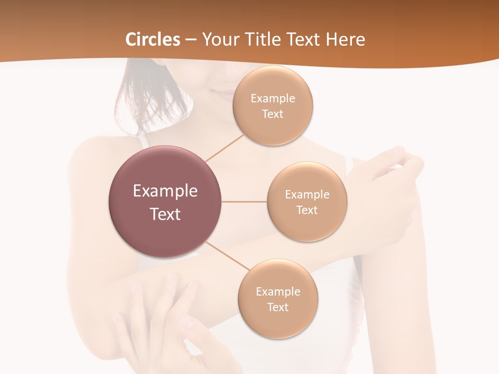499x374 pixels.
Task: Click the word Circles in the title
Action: tap(152, 39)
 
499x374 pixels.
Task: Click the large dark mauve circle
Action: tap(165, 229)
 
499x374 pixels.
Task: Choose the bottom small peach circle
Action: tap(278, 322)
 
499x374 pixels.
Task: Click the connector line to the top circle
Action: tap(225, 148)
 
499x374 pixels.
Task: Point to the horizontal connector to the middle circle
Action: tap(244, 202)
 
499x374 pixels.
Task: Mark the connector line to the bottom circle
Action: tap(224, 255)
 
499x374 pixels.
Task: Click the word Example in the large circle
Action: tap(165, 191)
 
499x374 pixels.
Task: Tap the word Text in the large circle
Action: tap(165, 214)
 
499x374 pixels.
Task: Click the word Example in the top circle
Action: tap(273, 99)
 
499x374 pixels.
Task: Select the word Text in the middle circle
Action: tap(307, 210)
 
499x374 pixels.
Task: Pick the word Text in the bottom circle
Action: tap(278, 308)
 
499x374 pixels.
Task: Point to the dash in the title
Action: tap(191, 40)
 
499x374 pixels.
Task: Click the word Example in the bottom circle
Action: tap(278, 292)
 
